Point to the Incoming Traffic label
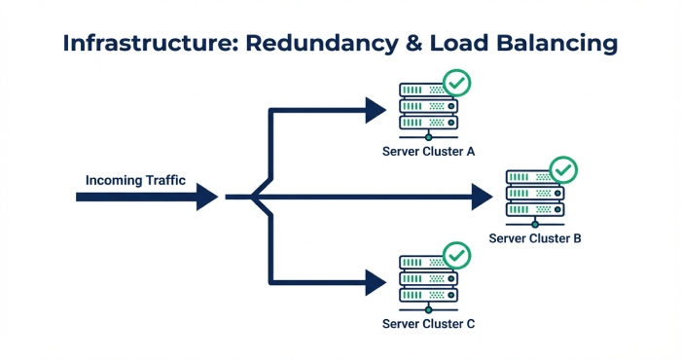(135, 180)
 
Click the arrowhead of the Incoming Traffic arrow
(206, 197)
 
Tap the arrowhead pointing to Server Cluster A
(376, 110)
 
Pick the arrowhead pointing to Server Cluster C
(376, 283)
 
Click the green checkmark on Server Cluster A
(456, 84)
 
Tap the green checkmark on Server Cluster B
(563, 170)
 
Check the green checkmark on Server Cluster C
(456, 256)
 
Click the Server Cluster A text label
(428, 151)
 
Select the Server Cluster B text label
(535, 237)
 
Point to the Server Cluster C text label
(428, 323)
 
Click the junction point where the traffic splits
(255, 197)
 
